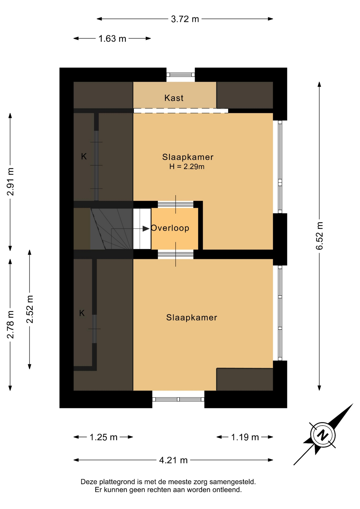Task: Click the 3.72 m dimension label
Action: coord(185,19)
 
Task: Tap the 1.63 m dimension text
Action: coord(112,39)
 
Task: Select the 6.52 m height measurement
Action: coord(319,236)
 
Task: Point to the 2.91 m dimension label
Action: coord(10,182)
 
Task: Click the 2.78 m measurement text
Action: coord(10,325)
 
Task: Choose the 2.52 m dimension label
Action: coord(30,309)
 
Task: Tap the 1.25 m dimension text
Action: coord(103,437)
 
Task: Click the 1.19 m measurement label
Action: coord(245,437)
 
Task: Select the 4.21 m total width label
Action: coord(173,460)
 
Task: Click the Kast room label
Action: coord(174,98)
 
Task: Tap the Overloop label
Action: coord(170,228)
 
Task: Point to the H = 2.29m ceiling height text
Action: coord(187,166)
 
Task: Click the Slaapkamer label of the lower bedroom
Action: coord(192,317)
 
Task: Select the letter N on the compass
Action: coord(323,435)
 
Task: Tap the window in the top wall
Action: coord(181,74)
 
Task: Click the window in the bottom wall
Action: coord(178,399)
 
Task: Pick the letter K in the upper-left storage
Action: coord(84,156)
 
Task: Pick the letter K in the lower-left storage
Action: coord(82,313)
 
